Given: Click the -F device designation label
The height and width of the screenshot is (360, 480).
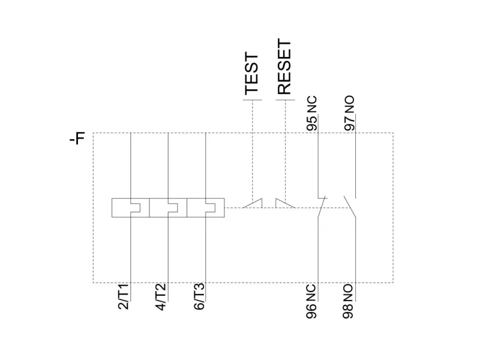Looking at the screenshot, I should point(77,140).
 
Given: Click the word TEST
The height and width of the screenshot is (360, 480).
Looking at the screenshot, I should point(252,73).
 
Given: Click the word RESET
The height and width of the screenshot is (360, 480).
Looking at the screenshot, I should point(284,67).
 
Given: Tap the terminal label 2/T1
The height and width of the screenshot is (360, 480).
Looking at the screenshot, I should point(123,296).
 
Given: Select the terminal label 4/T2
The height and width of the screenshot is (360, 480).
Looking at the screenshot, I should point(161,296).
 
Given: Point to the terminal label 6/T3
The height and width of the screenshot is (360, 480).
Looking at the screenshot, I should point(199,296).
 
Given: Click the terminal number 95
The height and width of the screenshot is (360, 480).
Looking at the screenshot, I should point(311,123).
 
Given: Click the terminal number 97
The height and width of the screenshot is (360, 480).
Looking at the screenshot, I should point(349,123).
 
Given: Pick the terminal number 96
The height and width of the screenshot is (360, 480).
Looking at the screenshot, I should point(311,311).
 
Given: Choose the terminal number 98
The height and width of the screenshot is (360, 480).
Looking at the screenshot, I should point(349,311).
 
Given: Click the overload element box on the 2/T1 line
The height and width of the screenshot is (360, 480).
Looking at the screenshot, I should point(130,208).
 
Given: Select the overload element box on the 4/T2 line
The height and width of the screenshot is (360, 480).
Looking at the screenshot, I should point(168,208).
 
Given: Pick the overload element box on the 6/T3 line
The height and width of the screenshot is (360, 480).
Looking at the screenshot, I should point(206,208).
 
